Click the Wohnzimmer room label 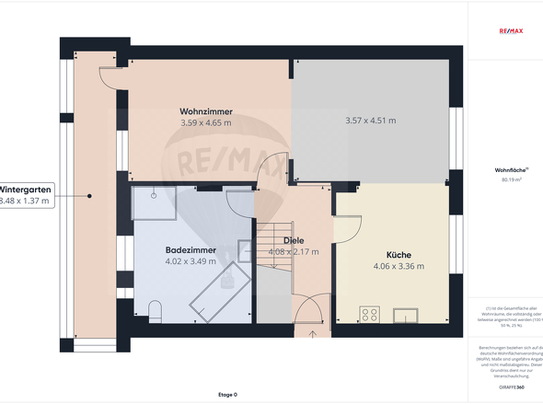tap(206, 111)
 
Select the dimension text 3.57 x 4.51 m tap(370, 121)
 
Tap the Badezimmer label tap(191, 249)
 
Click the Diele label tap(293, 240)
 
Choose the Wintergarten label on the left tap(27, 188)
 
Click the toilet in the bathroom tap(154, 310)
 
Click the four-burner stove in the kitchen tap(371, 314)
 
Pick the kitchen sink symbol tap(406, 316)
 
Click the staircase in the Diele tap(273, 248)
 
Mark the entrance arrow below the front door tap(312, 334)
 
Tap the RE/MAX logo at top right tap(510, 30)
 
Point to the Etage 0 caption tap(227, 395)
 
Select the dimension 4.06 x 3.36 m tap(399, 267)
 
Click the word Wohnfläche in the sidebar tap(508, 170)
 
